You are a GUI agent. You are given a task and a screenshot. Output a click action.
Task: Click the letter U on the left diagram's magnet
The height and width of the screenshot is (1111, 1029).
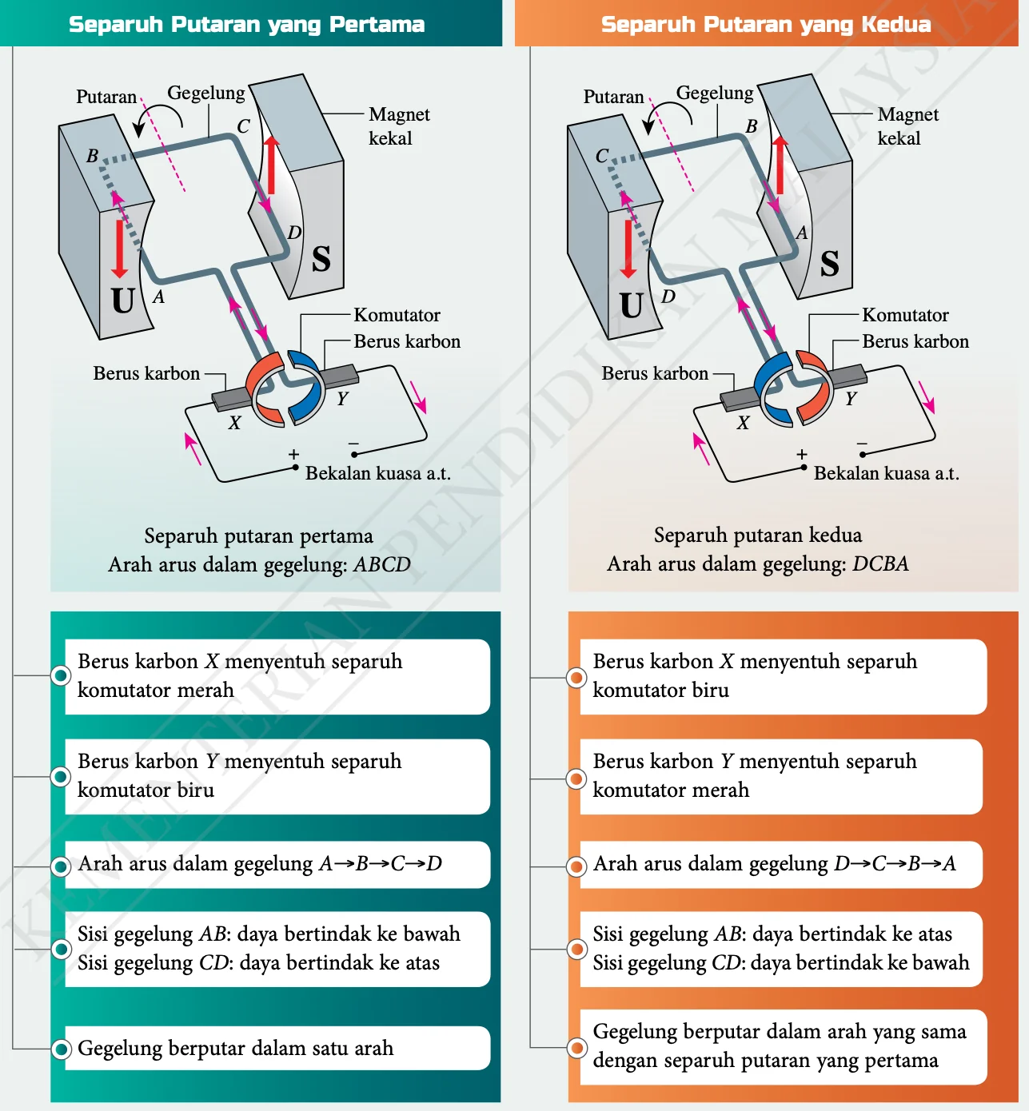point(122,301)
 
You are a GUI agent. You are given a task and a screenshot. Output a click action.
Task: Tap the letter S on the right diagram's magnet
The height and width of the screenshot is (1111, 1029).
point(830,264)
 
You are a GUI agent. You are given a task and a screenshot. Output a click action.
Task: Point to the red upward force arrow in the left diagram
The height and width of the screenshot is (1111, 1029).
point(272,164)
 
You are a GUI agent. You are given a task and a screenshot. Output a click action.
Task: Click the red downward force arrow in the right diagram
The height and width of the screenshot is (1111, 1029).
point(628,249)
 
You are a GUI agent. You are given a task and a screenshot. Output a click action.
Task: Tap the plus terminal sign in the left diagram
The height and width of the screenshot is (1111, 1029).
point(293,454)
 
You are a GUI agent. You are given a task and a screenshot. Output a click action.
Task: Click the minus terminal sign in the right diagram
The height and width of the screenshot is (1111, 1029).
point(862,444)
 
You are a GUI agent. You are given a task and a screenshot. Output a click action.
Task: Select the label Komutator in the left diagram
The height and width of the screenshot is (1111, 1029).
point(397,315)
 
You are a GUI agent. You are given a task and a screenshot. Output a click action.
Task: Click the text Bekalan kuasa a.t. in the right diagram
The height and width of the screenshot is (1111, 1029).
point(886,473)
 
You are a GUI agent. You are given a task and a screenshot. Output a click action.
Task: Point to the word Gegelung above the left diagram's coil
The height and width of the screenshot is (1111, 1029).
point(206,93)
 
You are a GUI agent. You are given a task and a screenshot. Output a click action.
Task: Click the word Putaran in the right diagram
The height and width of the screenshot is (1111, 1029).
point(613,96)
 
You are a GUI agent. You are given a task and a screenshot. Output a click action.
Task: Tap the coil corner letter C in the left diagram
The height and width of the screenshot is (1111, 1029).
point(243,125)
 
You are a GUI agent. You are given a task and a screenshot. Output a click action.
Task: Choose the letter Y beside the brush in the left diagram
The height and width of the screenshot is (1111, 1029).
point(342,398)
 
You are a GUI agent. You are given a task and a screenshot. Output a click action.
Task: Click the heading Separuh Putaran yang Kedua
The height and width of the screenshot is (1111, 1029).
point(766,25)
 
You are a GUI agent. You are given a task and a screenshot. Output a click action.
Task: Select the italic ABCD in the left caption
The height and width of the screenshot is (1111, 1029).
point(382,564)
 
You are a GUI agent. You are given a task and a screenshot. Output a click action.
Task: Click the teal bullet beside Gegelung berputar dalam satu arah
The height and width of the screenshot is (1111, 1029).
point(61,1049)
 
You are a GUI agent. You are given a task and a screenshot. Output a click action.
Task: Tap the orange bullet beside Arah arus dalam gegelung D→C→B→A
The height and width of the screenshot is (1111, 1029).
point(576,866)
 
